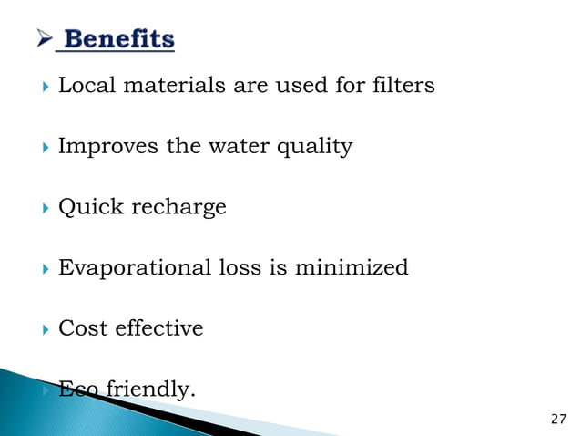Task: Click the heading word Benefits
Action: tap(119, 40)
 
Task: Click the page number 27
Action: tap(559, 419)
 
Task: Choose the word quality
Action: tap(315, 148)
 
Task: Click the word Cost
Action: tap(80, 328)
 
